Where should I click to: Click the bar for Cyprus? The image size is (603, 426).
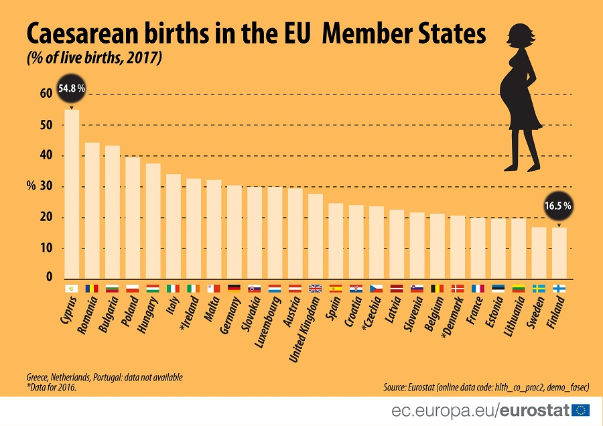pos(72,194)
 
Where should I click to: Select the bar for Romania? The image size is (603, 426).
pos(92,210)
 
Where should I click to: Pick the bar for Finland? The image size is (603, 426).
pos(559,253)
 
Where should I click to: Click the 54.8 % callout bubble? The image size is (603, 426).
pos(72,88)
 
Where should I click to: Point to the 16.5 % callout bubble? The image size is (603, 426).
pos(558,206)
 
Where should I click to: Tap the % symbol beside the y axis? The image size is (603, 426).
pos(31,186)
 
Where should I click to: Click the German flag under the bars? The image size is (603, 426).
pos(234,289)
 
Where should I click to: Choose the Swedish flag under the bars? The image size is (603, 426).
pos(539,289)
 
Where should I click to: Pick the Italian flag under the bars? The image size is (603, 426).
pos(174,289)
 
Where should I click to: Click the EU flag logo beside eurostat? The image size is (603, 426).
pos(580,409)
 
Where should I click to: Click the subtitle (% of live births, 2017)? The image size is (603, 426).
pos(94,59)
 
